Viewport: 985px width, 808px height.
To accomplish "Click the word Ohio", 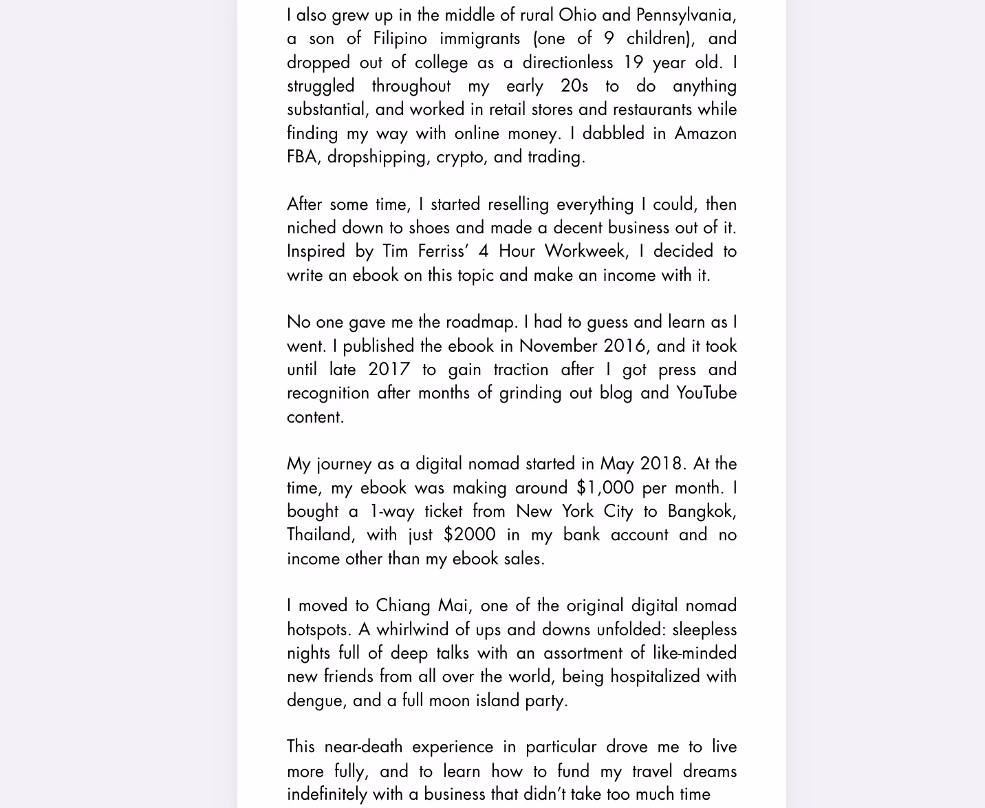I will click(x=576, y=14).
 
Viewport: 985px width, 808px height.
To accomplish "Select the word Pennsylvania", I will click(x=686, y=15).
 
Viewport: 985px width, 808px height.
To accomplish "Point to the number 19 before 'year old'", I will click(x=633, y=62).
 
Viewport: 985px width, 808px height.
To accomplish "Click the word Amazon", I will click(x=705, y=133).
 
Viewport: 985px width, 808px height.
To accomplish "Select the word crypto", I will click(x=459, y=157).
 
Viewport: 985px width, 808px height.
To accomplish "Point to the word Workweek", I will click(x=587, y=251).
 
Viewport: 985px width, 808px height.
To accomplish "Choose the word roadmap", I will click(x=481, y=321).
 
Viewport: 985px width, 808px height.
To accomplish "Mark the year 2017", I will click(x=389, y=369).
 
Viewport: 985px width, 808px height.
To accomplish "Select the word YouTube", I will click(x=706, y=392).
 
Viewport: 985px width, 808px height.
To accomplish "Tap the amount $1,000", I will click(x=605, y=487).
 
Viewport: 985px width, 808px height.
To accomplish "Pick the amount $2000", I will click(x=469, y=534).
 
